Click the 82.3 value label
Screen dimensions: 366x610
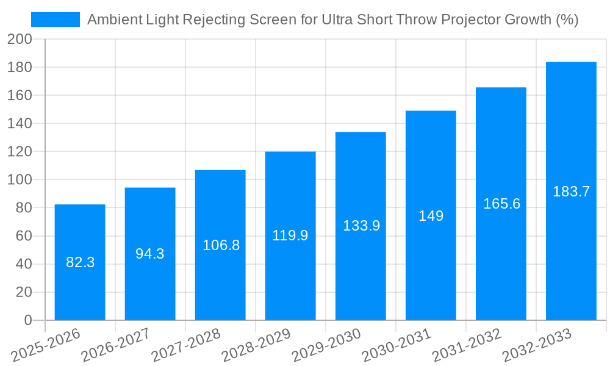[x=80, y=262]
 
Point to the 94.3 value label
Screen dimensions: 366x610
[x=150, y=254]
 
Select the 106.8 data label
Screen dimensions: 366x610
[x=221, y=245]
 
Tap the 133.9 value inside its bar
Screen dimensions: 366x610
[x=361, y=226]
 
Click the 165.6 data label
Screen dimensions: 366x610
[x=501, y=204]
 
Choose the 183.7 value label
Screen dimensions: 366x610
[x=571, y=192]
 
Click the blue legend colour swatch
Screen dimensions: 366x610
[x=56, y=20]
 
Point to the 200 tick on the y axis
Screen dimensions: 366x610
[x=20, y=39]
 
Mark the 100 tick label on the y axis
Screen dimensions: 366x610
[x=20, y=180]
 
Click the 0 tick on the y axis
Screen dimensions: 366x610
[x=27, y=320]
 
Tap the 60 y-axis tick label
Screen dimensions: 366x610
[x=23, y=236]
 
